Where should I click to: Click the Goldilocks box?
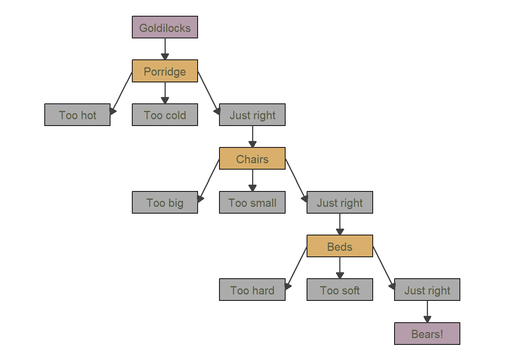click(165, 27)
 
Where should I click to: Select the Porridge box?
click(165, 71)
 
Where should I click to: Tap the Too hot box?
click(77, 115)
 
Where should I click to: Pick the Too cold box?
click(165, 115)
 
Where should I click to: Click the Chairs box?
click(252, 158)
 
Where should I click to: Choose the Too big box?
click(165, 202)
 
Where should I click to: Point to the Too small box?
click(252, 202)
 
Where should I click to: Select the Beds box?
click(340, 246)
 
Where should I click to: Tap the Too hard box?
click(252, 290)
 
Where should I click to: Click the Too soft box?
click(340, 290)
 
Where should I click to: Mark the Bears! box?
click(427, 334)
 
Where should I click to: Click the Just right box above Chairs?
click(252, 115)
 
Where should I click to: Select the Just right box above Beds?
click(340, 202)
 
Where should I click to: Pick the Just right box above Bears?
click(427, 290)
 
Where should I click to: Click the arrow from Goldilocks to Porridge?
click(165, 49)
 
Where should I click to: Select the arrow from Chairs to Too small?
click(252, 180)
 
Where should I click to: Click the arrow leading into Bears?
click(428, 312)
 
